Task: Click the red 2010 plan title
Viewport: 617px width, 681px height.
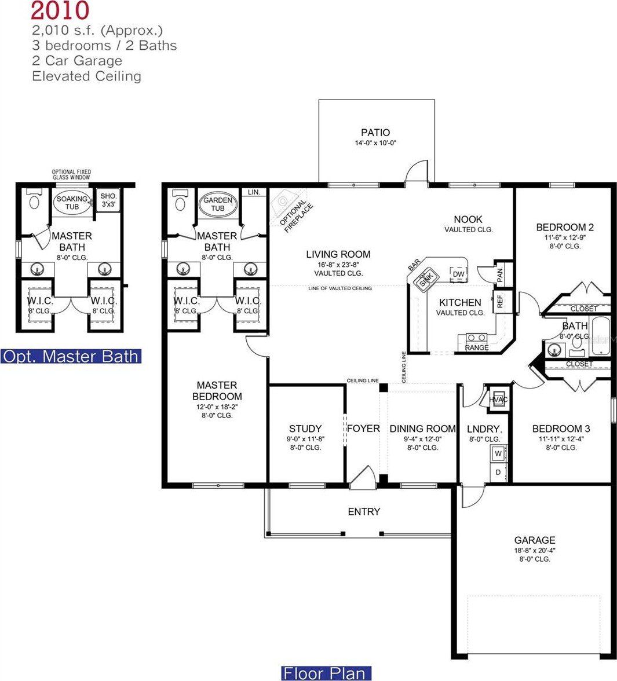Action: (x=60, y=11)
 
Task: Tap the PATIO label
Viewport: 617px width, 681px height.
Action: (x=375, y=133)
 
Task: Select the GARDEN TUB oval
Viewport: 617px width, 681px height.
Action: (x=217, y=204)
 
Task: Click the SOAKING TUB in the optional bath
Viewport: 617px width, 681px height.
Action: (x=72, y=203)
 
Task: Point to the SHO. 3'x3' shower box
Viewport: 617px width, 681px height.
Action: (x=108, y=200)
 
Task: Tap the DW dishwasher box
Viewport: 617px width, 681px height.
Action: (x=458, y=274)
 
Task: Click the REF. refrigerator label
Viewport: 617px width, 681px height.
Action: (x=499, y=301)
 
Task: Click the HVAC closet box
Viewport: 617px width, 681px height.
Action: (x=498, y=400)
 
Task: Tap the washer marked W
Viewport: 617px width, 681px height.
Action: (x=498, y=454)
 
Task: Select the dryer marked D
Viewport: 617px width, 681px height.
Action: (x=498, y=472)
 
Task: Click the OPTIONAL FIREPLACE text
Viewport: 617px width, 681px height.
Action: (x=296, y=214)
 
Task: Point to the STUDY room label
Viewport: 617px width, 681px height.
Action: (x=305, y=429)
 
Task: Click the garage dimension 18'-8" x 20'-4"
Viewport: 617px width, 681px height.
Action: (x=534, y=550)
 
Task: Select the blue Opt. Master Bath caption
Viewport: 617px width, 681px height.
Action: (x=71, y=356)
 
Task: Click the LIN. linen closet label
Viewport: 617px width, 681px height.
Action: (x=253, y=192)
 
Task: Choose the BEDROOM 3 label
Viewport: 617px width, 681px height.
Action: (x=561, y=429)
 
